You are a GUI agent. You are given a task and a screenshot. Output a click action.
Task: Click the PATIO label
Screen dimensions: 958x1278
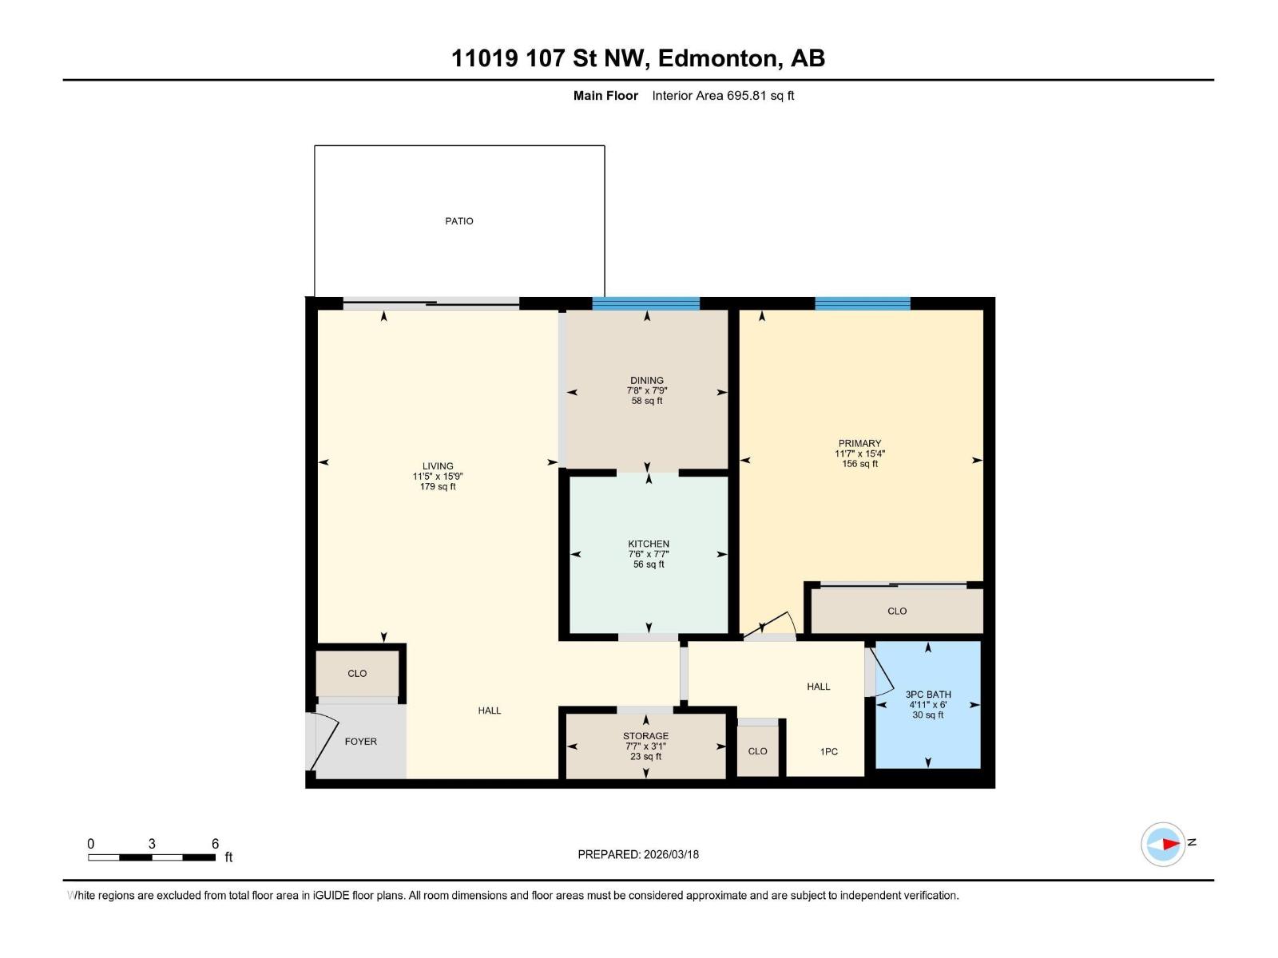tap(458, 221)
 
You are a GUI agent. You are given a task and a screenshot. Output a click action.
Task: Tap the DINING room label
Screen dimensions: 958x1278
tap(646, 381)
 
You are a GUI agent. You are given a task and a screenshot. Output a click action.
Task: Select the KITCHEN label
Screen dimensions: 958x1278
tap(648, 544)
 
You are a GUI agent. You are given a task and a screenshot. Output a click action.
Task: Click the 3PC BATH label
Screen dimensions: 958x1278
tap(927, 695)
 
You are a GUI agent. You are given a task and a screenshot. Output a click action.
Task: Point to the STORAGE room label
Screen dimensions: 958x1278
tap(645, 736)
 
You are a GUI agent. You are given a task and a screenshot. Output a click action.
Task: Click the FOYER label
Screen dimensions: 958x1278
tap(360, 742)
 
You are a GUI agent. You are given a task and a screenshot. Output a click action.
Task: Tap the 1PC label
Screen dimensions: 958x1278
tap(828, 752)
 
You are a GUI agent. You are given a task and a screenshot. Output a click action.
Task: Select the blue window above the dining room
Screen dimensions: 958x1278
tap(645, 303)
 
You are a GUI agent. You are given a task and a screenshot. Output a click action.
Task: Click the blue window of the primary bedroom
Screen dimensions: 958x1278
tap(862, 303)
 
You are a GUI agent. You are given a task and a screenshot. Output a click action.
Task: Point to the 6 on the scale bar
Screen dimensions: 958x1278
tap(215, 844)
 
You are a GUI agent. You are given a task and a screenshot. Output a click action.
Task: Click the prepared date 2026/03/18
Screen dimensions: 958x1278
tap(669, 854)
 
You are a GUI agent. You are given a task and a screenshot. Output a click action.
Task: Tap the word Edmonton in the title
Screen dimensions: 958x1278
tap(718, 58)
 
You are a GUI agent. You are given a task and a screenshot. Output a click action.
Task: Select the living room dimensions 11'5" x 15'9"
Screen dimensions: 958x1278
tap(437, 477)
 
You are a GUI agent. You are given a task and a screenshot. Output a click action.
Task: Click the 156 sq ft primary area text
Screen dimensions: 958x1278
tap(859, 464)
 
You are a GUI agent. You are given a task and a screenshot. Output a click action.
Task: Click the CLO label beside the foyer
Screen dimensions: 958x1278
tap(357, 674)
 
